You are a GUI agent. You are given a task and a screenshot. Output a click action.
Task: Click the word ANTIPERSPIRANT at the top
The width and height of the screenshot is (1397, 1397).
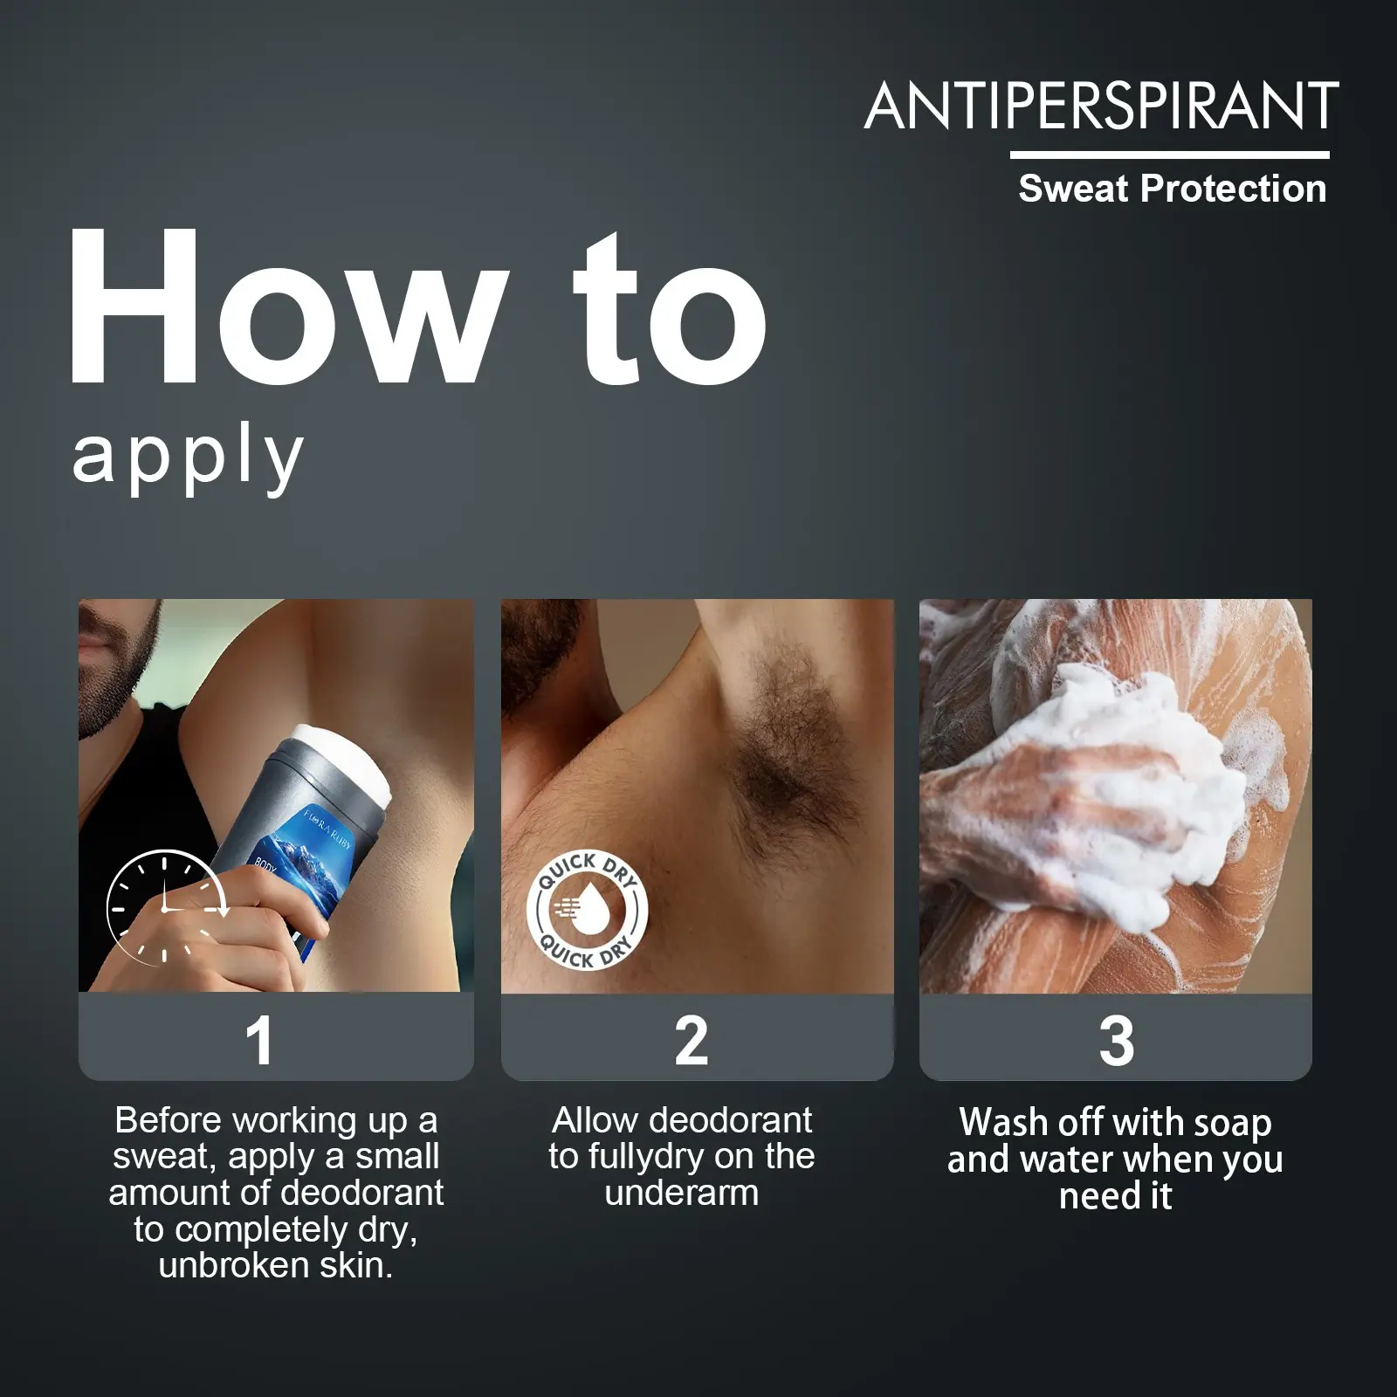[1102, 106]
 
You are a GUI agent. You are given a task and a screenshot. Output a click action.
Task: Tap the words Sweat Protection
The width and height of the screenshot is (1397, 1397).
[1173, 189]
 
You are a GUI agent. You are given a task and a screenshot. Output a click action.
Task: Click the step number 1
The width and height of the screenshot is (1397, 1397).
[259, 1041]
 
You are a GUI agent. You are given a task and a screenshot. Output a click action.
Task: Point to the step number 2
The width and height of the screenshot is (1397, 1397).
[692, 1041]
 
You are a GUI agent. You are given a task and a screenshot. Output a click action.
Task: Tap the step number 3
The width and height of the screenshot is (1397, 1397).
[1117, 1041]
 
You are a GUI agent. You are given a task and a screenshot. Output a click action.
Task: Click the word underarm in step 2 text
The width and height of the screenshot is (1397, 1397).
[682, 1194]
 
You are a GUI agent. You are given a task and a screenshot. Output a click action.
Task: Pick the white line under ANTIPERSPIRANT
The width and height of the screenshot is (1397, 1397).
[1170, 155]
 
